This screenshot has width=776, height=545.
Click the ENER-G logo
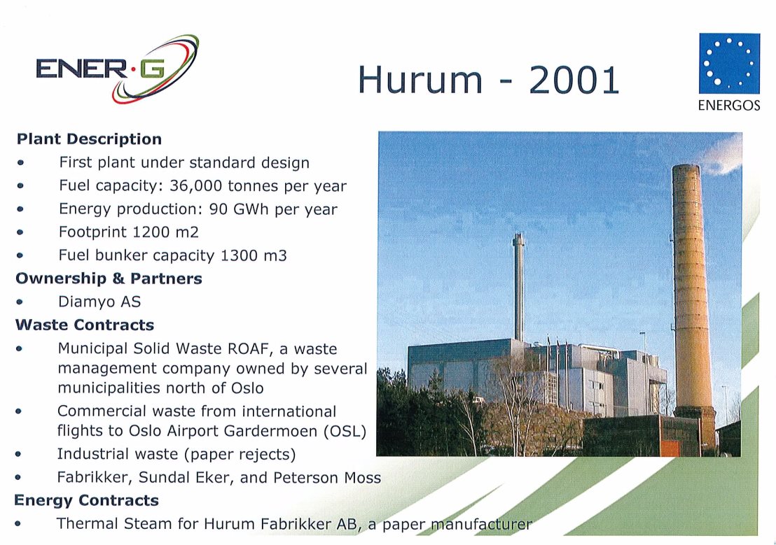tap(117, 69)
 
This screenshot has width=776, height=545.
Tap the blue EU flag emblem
tap(729, 63)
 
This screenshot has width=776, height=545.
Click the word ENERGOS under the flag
tap(729, 106)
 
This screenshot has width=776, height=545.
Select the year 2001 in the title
tap(574, 80)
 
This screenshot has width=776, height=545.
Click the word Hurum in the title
tap(420, 80)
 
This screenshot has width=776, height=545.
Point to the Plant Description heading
tap(89, 139)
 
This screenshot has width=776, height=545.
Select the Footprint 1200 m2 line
tap(129, 232)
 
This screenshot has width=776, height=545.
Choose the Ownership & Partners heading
tap(109, 278)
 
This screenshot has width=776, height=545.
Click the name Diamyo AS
tap(99, 302)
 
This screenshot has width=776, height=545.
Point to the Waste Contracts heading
tap(85, 325)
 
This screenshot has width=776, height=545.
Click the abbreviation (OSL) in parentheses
tap(345, 431)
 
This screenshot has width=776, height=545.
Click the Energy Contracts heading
tap(87, 500)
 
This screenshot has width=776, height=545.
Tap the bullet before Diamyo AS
tap(20, 302)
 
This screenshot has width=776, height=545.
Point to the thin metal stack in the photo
tap(518, 288)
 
